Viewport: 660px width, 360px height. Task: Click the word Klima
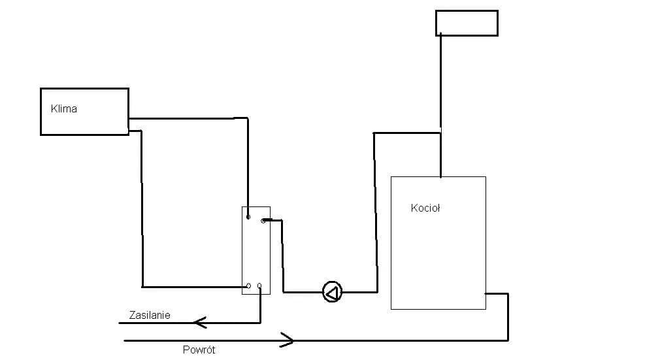pyautogui.click(x=64, y=109)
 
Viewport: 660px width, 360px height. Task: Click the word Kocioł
pyautogui.click(x=425, y=208)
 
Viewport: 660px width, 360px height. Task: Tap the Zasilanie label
pyautogui.click(x=150, y=315)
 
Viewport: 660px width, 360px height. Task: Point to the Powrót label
pyautogui.click(x=199, y=350)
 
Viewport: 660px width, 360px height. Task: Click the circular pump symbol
pyautogui.click(x=332, y=292)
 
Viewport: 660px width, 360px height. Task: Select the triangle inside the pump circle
pyautogui.click(x=331, y=292)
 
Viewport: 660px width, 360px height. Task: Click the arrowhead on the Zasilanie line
pyautogui.click(x=200, y=322)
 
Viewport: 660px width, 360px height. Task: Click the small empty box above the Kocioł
pyautogui.click(x=467, y=23)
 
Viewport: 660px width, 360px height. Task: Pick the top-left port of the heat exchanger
pyautogui.click(x=248, y=217)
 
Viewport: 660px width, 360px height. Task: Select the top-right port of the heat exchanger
pyautogui.click(x=263, y=221)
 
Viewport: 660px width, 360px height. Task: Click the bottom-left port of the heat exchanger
pyautogui.click(x=248, y=286)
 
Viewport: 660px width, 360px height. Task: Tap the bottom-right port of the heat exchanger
pyautogui.click(x=260, y=286)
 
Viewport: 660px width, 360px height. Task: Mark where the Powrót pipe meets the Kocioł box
pyautogui.click(x=486, y=294)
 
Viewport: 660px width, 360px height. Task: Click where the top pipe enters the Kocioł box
pyautogui.click(x=440, y=176)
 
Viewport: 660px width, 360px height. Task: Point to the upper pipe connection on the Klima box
pyautogui.click(x=129, y=119)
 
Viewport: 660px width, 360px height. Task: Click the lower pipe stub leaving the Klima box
pyautogui.click(x=135, y=131)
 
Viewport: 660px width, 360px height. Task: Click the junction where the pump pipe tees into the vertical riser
pyautogui.click(x=440, y=133)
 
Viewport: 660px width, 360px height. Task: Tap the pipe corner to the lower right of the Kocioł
pyautogui.click(x=508, y=294)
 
